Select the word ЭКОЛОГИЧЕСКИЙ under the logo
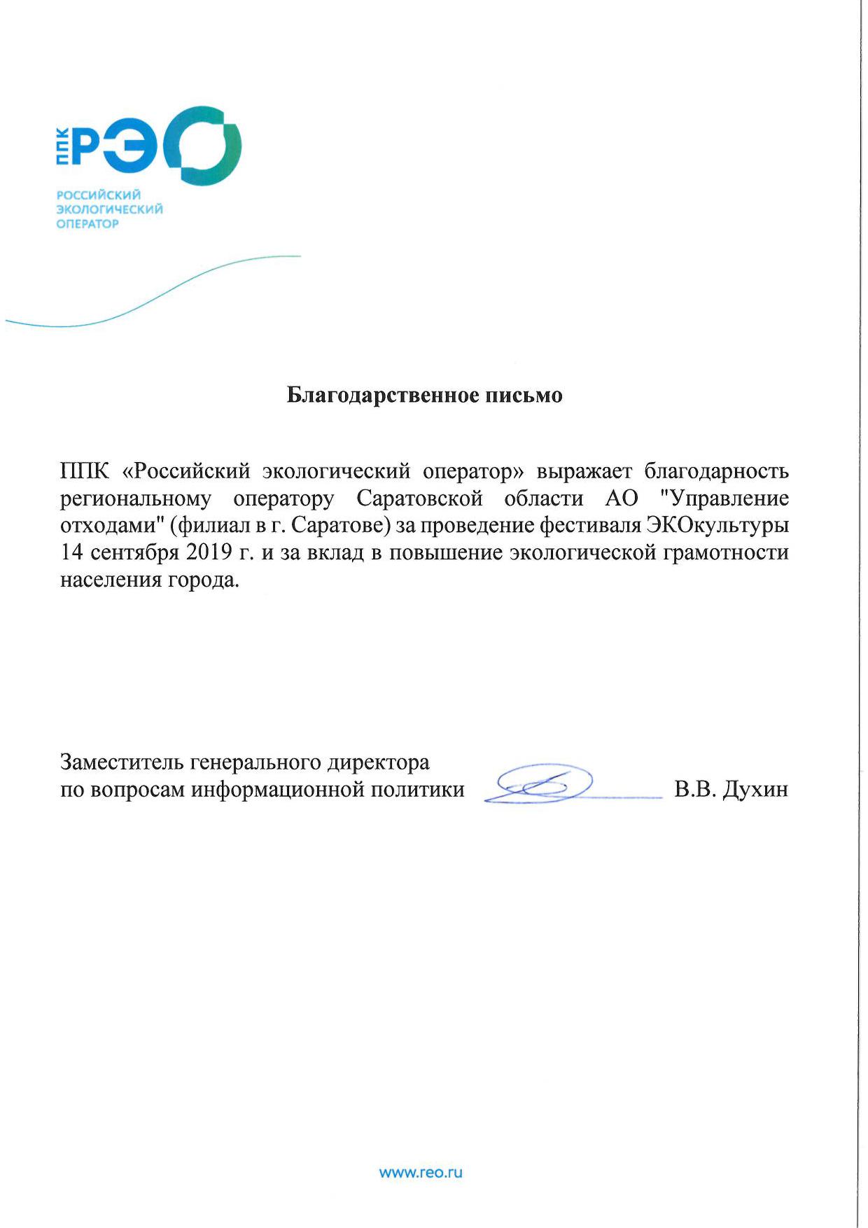(x=109, y=209)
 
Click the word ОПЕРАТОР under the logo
(x=87, y=224)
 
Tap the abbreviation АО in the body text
(x=622, y=498)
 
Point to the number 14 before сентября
(x=73, y=553)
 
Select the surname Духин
(x=755, y=790)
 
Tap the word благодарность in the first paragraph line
(x=716, y=471)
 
